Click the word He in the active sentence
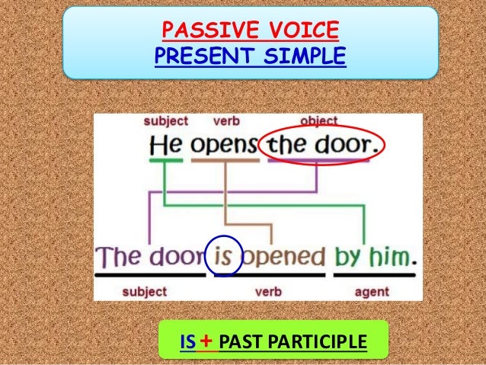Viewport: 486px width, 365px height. tap(165, 144)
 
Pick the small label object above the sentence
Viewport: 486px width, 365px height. tap(319, 120)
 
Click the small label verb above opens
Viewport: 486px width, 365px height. tap(226, 120)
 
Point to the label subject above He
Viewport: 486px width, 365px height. tap(165, 120)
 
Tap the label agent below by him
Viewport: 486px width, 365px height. tap(371, 291)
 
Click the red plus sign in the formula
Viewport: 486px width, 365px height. tap(204, 341)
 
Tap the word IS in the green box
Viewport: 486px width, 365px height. tap(187, 341)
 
